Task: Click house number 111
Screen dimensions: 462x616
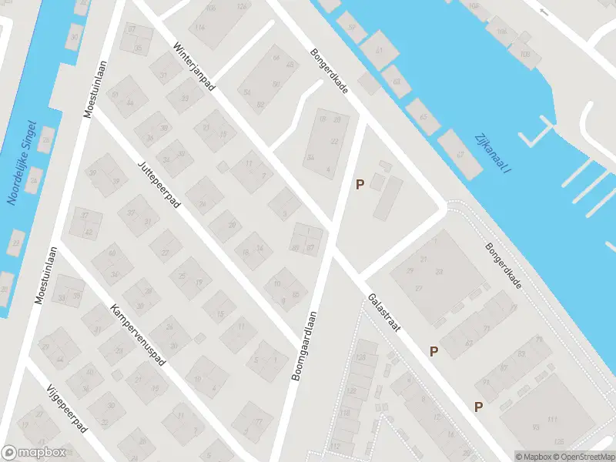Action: pos(551,419)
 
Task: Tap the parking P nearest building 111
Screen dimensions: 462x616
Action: pos(478,407)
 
